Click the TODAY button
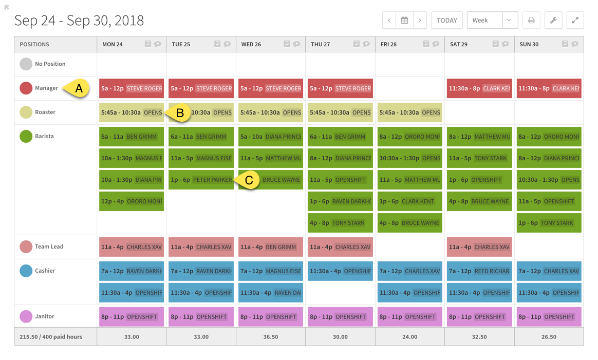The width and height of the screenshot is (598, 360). point(446,21)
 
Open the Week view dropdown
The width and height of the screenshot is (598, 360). point(492,21)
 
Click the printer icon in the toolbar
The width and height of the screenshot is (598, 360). point(531,21)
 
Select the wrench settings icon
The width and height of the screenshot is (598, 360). point(553,21)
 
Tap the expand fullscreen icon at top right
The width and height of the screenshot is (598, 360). point(575,21)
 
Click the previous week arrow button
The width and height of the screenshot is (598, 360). point(389,21)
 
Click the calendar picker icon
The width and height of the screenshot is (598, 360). point(405,21)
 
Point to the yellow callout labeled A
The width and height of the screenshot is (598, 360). point(77,88)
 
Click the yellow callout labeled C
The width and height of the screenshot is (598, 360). point(248,180)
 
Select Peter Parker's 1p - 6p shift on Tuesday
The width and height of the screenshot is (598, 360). point(201,180)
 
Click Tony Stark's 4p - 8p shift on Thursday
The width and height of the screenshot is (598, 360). point(340,223)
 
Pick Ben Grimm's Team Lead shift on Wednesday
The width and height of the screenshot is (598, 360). point(270,247)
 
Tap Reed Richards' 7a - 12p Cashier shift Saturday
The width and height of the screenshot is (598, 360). point(479,271)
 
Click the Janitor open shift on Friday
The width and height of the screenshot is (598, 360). point(409,317)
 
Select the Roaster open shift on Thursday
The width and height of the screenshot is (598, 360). point(340,112)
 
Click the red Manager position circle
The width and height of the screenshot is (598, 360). point(26,88)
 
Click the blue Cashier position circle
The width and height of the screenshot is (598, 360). point(26,271)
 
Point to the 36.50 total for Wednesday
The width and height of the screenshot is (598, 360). point(270,337)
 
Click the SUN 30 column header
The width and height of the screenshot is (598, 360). point(529,44)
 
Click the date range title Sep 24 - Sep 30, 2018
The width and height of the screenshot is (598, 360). point(79,21)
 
